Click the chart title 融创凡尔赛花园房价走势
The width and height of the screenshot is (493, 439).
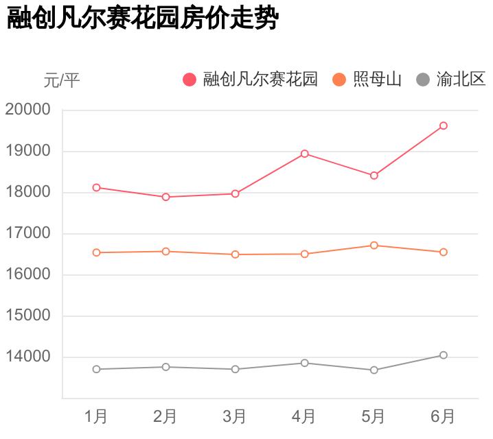pos(142,19)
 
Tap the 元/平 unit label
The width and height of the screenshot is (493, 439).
pos(62,80)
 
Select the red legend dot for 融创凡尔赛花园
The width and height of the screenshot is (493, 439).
pos(190,80)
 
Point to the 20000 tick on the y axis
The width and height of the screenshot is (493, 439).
pos(28,110)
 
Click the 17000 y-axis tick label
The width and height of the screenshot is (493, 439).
pos(28,233)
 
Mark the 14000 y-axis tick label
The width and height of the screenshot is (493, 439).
pos(28,357)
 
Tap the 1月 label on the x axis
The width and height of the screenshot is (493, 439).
pos(96,416)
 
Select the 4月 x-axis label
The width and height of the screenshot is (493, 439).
pos(304,416)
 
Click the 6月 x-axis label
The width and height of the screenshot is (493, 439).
pos(443,416)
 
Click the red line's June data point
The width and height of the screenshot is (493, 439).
pos(444,126)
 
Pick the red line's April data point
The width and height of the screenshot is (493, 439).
pos(304,154)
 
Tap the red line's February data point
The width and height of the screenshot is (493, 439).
pos(165,197)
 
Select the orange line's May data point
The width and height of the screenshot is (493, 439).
pos(374,245)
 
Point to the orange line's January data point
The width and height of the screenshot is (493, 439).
pos(96,252)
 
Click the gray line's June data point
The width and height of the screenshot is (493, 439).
pos(444,355)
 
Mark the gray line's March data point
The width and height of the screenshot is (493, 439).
pos(235,369)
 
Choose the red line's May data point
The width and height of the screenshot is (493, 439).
pos(374,176)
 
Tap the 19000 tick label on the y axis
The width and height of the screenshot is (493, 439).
pos(28,151)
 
